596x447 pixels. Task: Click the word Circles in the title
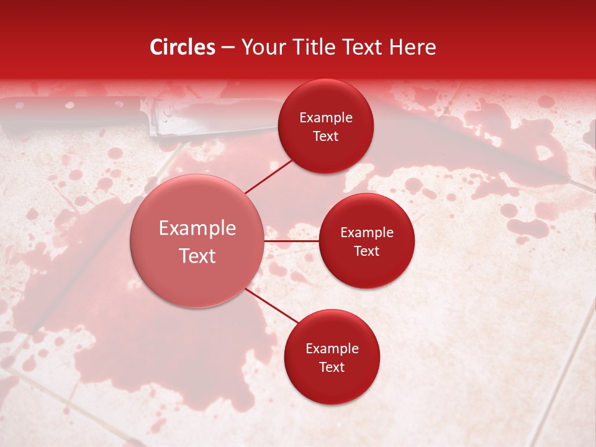183,48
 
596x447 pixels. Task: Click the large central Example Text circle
197,241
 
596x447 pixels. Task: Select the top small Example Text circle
326,126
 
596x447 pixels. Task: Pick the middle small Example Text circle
366,241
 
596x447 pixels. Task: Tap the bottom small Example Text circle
332,357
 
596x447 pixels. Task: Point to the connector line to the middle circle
292,240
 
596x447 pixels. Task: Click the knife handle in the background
68,115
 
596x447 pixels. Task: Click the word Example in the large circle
197,228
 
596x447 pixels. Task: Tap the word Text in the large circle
197,256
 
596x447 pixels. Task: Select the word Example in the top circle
326,118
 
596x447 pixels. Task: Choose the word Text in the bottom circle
332,367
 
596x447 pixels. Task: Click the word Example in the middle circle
367,233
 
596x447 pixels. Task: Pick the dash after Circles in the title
228,48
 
